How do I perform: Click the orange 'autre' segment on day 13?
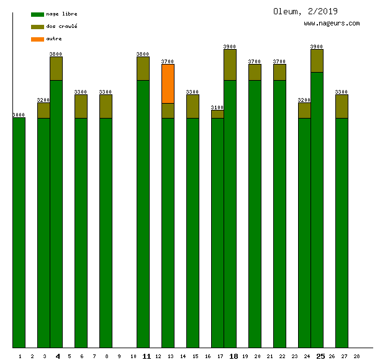[168, 84]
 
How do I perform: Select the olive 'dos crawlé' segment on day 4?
[56, 68]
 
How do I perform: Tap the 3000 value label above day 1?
[19, 115]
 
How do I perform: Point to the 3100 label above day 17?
[217, 107]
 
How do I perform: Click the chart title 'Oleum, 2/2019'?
[306, 11]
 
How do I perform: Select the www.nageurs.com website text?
[332, 24]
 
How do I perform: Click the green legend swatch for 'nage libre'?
[37, 14]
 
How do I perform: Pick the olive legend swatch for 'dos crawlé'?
[37, 27]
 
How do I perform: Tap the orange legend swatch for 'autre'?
[37, 39]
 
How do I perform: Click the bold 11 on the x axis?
[147, 356]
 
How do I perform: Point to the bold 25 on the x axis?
[320, 356]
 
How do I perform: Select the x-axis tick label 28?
[356, 356]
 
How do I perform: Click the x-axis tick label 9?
[119, 356]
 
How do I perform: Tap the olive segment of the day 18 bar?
[230, 65]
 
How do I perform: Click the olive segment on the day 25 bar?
[317, 61]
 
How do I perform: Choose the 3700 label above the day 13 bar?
[168, 61]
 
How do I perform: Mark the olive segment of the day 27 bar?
[342, 106]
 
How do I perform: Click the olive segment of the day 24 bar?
[304, 110]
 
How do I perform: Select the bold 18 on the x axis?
[233, 356]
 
